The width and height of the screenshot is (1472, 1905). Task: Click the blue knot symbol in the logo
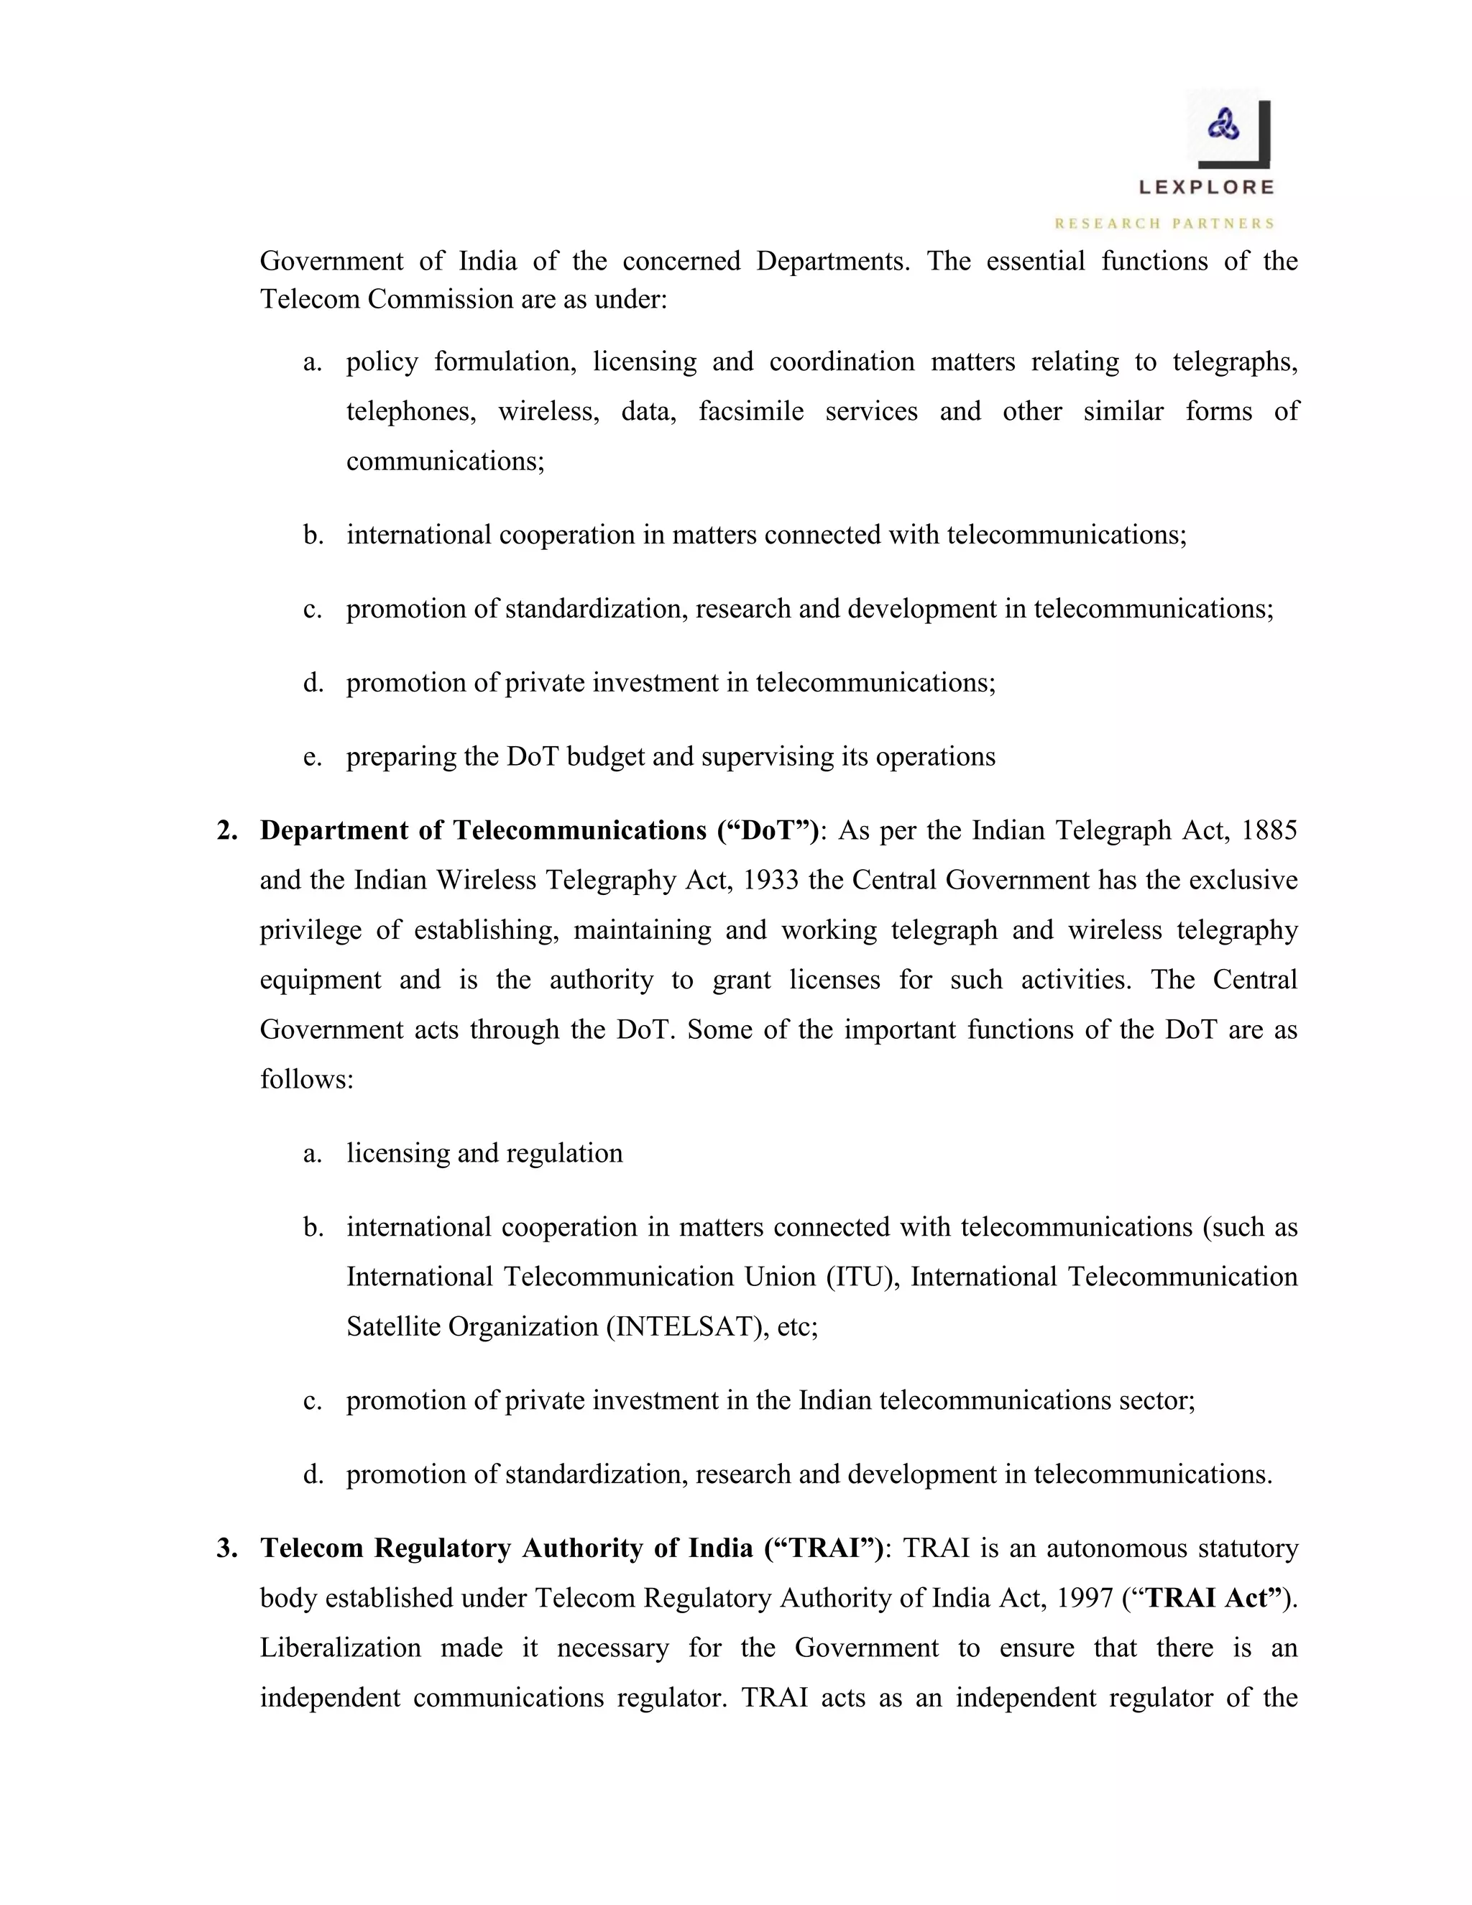click(1223, 127)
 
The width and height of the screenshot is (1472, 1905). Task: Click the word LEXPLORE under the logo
click(1207, 187)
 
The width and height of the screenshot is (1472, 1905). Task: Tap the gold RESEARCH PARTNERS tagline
click(1165, 224)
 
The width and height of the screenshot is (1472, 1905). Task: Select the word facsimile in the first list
click(751, 410)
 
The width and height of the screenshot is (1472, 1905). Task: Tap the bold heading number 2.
click(226, 830)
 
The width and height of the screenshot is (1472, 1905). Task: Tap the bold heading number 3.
click(226, 1548)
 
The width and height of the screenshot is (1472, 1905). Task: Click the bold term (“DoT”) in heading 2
click(768, 830)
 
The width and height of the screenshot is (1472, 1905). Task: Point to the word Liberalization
click(340, 1648)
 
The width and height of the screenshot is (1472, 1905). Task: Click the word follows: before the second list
click(307, 1080)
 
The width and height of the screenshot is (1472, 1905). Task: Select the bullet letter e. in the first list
click(312, 756)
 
